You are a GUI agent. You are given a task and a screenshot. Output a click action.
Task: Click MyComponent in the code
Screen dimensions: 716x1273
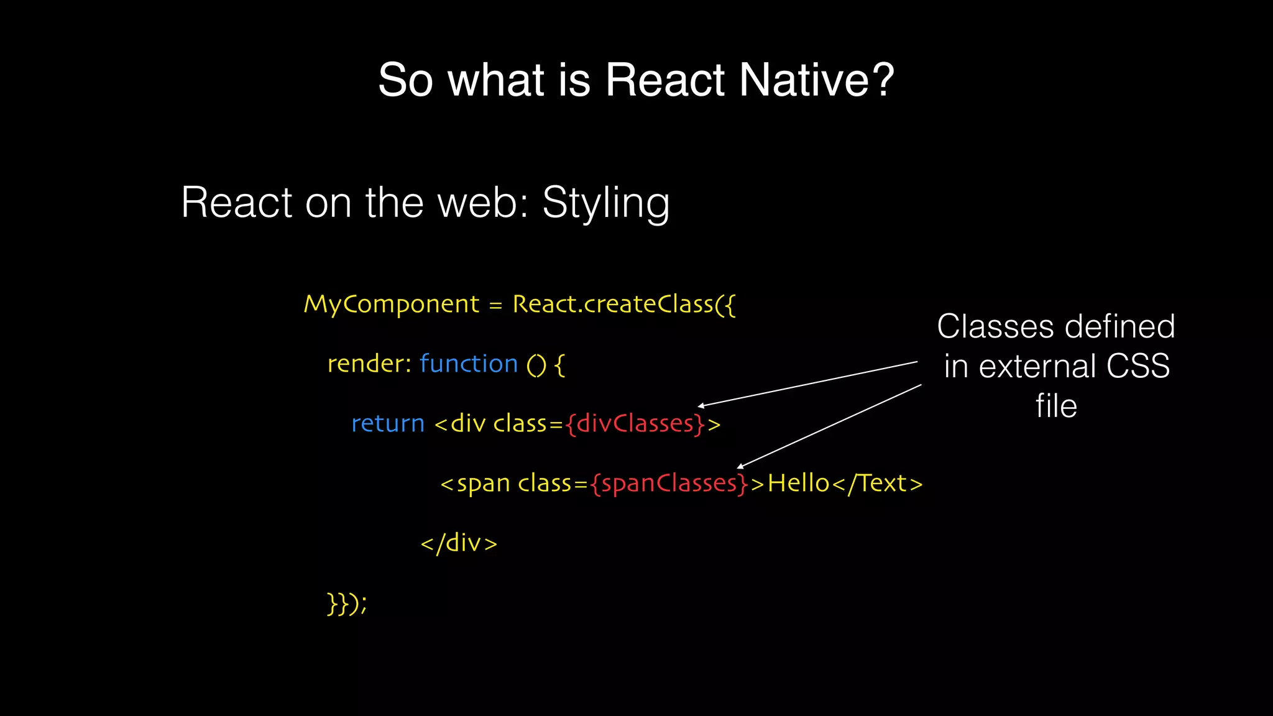coord(391,305)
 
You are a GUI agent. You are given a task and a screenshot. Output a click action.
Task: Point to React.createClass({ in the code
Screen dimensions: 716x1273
coord(624,305)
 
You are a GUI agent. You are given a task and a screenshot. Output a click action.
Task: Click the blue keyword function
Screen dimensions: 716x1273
coord(469,364)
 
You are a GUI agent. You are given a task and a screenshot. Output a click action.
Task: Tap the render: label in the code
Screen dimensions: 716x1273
coord(369,364)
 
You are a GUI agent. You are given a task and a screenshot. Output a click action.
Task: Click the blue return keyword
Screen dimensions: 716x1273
coord(388,424)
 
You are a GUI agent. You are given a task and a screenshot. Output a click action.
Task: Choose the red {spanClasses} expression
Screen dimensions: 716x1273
coord(669,484)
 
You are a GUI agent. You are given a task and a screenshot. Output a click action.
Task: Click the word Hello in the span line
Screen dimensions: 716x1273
coord(799,484)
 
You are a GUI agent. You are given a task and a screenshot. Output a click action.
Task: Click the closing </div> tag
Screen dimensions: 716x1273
coord(459,543)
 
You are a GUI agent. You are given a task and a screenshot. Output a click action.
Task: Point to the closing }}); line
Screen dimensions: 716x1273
coord(347,604)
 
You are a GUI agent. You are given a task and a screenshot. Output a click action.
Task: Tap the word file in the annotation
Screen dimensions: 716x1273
coord(1056,406)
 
